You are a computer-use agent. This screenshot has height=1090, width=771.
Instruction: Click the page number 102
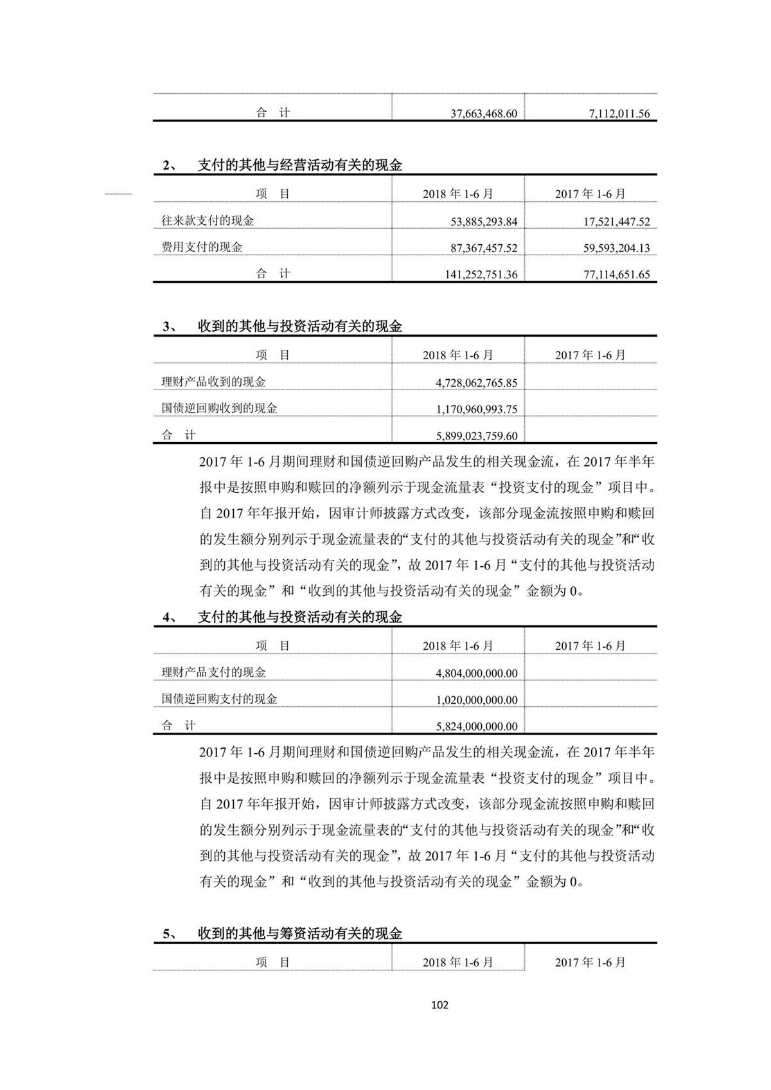(x=439, y=1005)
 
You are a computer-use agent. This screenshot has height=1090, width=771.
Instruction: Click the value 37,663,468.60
(x=483, y=114)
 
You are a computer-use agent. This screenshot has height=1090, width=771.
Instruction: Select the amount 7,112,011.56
(x=619, y=114)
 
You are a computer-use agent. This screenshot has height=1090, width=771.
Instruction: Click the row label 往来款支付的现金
(x=208, y=221)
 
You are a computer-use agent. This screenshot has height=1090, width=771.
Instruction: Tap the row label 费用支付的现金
(x=202, y=247)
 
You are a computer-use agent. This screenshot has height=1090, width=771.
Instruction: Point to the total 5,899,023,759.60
(x=476, y=436)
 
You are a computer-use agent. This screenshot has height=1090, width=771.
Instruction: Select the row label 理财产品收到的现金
(x=213, y=382)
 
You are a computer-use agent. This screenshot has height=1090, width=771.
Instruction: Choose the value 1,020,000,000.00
(x=476, y=701)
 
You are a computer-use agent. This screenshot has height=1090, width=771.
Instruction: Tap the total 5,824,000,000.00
(x=476, y=727)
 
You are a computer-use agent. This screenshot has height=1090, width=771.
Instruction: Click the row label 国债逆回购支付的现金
(x=219, y=699)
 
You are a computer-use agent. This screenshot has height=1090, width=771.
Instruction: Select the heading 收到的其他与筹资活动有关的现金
(x=299, y=934)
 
